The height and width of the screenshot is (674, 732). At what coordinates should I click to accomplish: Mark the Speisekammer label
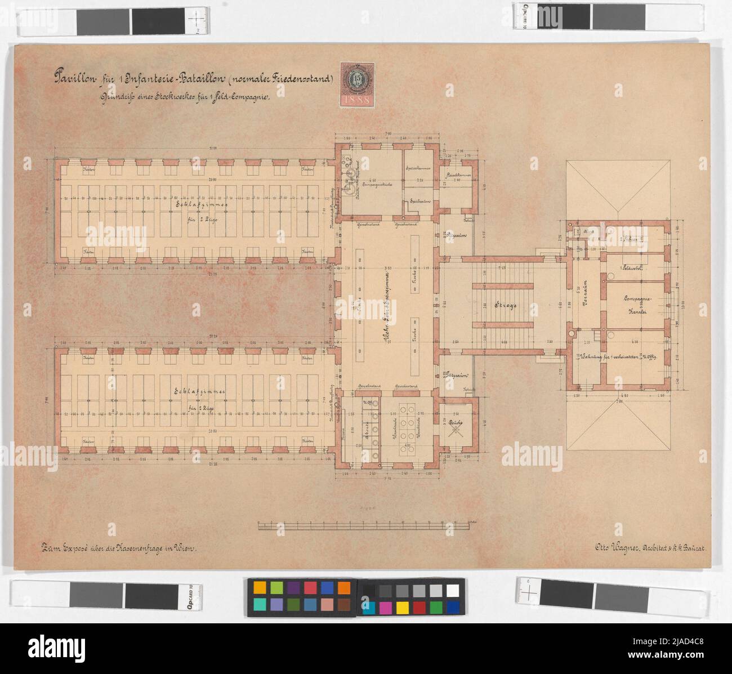coord(418,168)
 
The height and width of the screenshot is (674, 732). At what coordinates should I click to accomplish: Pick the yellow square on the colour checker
coord(402,607)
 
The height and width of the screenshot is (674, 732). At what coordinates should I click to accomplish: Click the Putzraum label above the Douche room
coord(456,374)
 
